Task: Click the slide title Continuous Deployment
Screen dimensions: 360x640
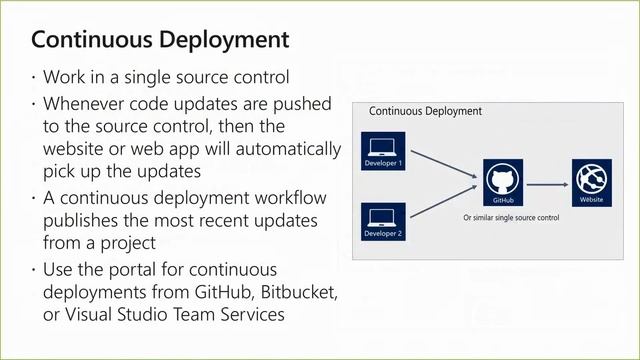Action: click(x=160, y=41)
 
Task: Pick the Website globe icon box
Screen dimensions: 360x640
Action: click(x=589, y=181)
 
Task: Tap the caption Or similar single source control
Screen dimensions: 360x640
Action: click(x=511, y=216)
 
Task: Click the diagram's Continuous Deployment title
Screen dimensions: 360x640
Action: click(x=425, y=111)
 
